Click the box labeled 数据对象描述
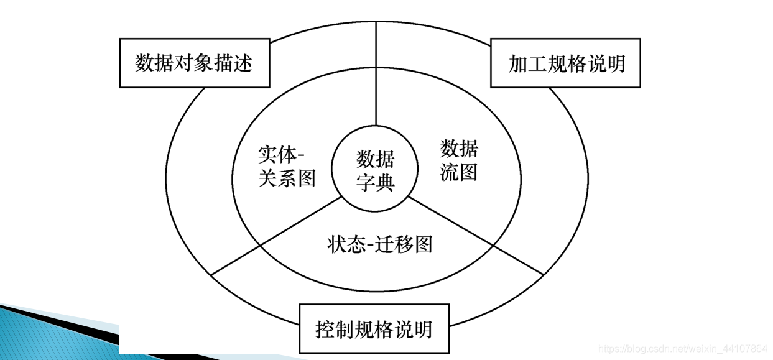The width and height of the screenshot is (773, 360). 194,63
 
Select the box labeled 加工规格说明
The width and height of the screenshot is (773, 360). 565,63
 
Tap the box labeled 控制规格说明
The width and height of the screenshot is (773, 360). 374,329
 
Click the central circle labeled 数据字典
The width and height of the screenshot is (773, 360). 376,170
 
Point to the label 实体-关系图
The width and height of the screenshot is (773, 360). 287,166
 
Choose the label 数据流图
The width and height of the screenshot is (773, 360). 459,160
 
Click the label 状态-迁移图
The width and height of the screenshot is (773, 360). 379,244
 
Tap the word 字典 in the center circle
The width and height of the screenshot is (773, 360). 376,182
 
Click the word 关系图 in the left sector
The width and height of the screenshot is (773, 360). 287,178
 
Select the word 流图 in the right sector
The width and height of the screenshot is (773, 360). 459,172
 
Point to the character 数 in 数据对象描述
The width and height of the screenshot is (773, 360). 145,63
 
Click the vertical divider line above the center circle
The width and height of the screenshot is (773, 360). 376,81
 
